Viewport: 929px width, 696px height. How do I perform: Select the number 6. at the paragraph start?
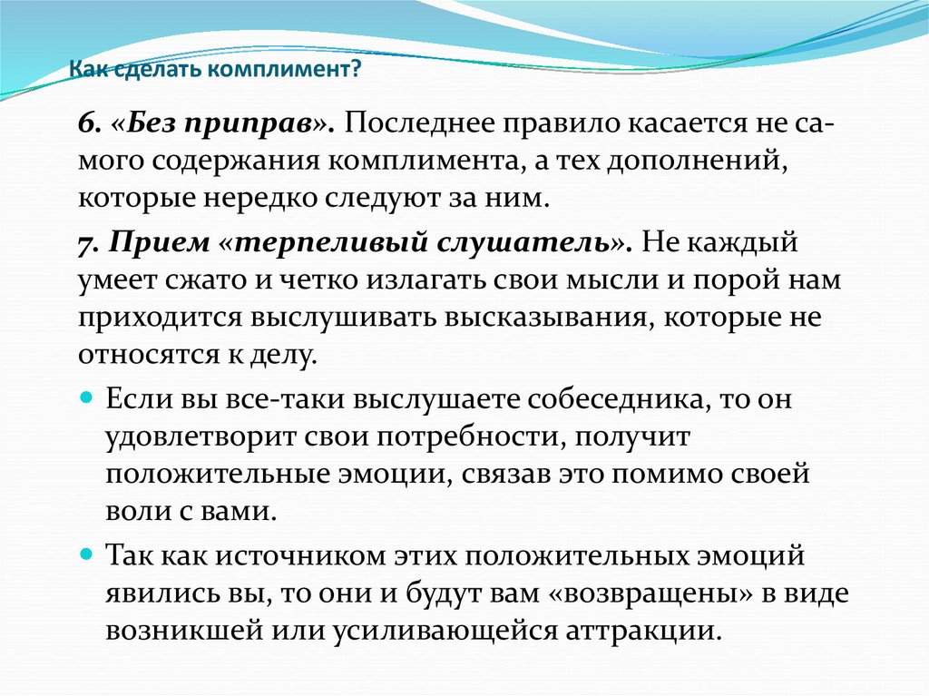pyautogui.click(x=86, y=123)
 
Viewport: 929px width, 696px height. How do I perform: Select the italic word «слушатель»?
pyautogui.click(x=523, y=244)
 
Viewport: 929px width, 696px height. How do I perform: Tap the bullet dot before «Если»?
pyautogui.click(x=87, y=397)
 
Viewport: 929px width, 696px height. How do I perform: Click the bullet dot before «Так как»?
pyautogui.click(x=87, y=555)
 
